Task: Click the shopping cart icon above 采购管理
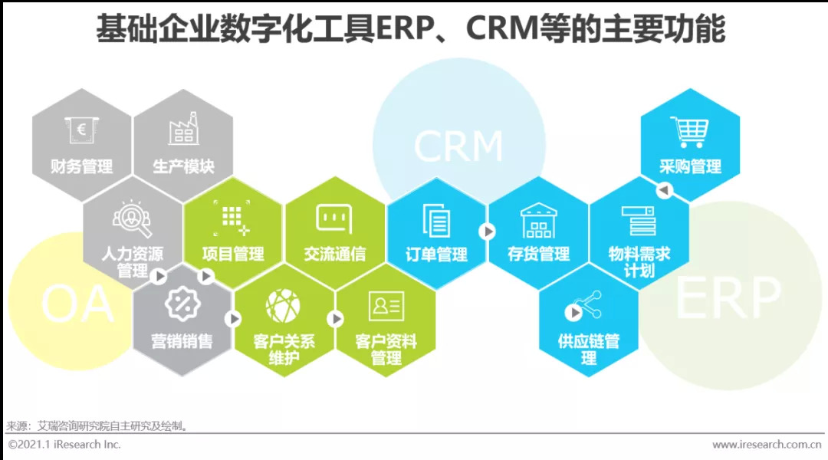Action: coord(690,132)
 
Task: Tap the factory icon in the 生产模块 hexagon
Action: coord(183,128)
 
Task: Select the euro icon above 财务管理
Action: coord(81,130)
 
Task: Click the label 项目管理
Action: coord(233,254)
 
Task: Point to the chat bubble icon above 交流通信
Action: coord(334,219)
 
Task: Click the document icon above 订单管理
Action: coord(436,220)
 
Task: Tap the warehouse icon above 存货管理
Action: coord(538,220)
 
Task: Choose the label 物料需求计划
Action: coord(639,262)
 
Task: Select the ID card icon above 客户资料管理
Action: coord(386,307)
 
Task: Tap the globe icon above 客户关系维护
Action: coord(283,306)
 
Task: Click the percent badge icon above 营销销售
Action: coord(182,304)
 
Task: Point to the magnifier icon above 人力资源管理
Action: coord(132,219)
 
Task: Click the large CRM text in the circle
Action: coord(458,146)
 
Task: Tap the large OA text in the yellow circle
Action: coord(77,304)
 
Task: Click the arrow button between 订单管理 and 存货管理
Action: coord(487,232)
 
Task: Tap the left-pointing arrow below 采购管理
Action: coord(664,189)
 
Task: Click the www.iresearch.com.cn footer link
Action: coord(767,445)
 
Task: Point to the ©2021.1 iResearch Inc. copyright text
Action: coord(64,445)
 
